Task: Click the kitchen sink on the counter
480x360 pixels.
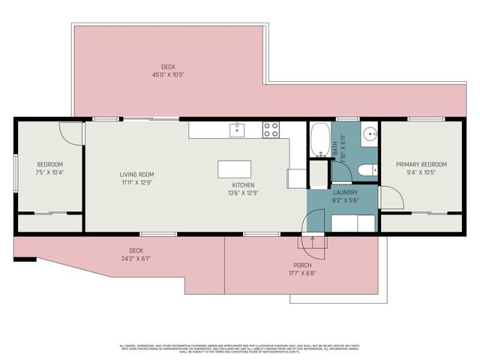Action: pos(238,130)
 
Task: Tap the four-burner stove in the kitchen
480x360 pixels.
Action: pos(271,130)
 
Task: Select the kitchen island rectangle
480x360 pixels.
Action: pos(234,169)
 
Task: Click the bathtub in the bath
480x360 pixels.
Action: pos(319,139)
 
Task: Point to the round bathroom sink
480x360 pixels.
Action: pos(370,136)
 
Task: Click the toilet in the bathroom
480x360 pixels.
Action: pos(367,169)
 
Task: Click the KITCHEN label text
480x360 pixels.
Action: pos(243,184)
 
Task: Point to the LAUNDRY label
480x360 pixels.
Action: pos(346,192)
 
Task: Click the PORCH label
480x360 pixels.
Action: pos(302,265)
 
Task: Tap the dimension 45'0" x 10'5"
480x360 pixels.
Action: pos(168,74)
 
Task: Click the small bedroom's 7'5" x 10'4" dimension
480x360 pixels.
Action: pos(50,172)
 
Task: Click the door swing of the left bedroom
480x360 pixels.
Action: pos(70,131)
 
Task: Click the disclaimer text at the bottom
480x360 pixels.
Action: pos(240,348)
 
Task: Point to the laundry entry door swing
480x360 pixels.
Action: pos(313,222)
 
